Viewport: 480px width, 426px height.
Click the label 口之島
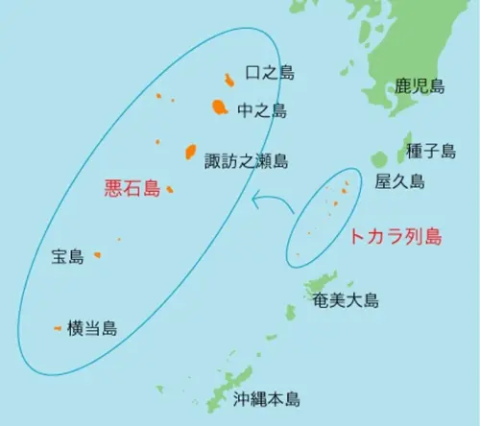click(x=271, y=73)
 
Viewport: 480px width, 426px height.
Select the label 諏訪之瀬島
click(x=247, y=161)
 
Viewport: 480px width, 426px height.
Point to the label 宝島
click(x=68, y=256)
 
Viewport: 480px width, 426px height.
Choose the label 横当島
click(x=92, y=328)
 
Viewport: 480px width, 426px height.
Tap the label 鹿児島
click(x=420, y=86)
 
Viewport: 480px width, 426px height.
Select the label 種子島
click(x=431, y=151)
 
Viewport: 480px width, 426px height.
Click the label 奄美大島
click(x=346, y=300)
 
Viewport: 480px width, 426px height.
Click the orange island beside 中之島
click(x=218, y=107)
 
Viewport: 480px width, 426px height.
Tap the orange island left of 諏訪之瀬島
click(x=190, y=152)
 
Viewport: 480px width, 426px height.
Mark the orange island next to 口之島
click(x=228, y=80)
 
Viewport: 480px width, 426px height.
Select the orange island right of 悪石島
click(x=169, y=189)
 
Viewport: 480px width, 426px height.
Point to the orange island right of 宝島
click(x=98, y=256)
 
